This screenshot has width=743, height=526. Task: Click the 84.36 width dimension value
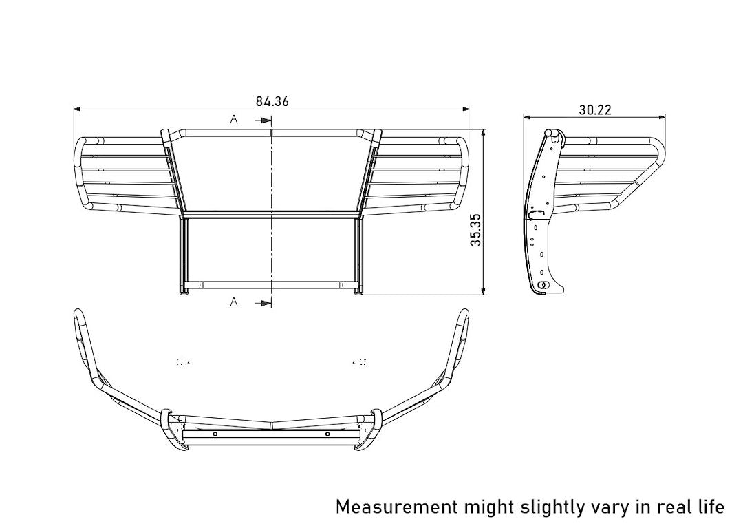[272, 101]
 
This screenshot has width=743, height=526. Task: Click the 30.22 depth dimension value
[595, 109]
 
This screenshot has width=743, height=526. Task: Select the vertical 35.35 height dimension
[475, 231]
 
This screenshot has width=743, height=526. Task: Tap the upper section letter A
[234, 120]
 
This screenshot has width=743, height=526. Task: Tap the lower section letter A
[234, 302]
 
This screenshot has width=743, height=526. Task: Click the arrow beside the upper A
[261, 120]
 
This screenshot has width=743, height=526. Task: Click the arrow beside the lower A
[261, 302]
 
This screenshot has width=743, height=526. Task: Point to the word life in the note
[709, 507]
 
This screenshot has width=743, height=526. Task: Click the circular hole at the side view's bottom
[543, 285]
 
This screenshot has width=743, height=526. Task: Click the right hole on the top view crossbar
[327, 434]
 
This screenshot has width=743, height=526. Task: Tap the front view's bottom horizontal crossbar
[271, 284]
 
